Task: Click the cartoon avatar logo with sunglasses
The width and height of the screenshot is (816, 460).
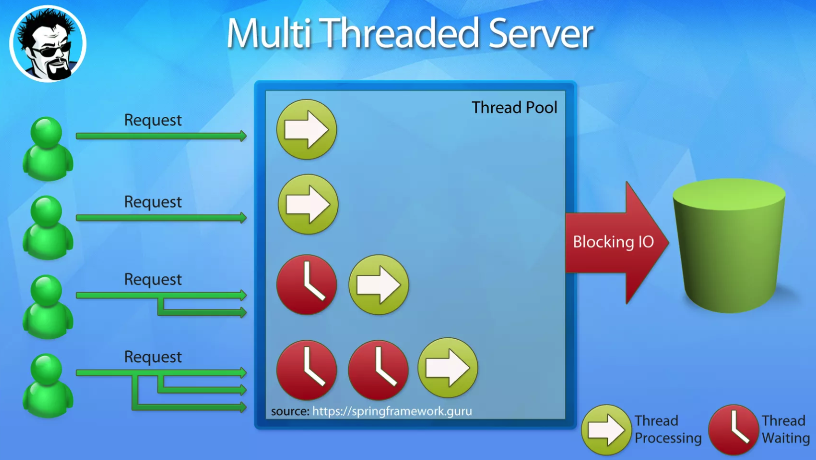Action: pyautogui.click(x=48, y=44)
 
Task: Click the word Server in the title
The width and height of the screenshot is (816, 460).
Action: pyautogui.click(x=541, y=34)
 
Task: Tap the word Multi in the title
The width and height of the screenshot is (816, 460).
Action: pyautogui.click(x=269, y=34)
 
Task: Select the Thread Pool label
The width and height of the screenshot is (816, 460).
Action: pyautogui.click(x=514, y=108)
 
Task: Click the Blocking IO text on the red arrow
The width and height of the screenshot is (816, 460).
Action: pyautogui.click(x=613, y=242)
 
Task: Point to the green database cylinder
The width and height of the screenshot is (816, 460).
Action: pyautogui.click(x=729, y=244)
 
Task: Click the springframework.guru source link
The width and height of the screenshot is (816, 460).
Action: pyautogui.click(x=392, y=411)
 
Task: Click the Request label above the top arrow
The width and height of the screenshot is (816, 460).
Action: pyautogui.click(x=152, y=120)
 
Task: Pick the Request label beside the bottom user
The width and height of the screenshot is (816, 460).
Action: pyautogui.click(x=152, y=357)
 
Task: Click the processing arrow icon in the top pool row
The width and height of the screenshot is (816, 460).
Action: pyautogui.click(x=306, y=130)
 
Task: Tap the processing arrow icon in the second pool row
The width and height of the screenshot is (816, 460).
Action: pyautogui.click(x=308, y=205)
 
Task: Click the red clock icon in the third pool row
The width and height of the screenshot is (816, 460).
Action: pyautogui.click(x=306, y=285)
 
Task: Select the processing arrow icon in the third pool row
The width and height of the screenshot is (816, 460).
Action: pyautogui.click(x=379, y=285)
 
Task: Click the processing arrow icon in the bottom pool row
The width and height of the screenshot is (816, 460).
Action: pyautogui.click(x=447, y=368)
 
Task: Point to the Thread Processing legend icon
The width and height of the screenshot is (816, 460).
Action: pyautogui.click(x=606, y=430)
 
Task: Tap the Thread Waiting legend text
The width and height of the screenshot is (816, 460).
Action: pyautogui.click(x=785, y=430)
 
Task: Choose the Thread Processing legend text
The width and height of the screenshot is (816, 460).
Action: pyautogui.click(x=668, y=430)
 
